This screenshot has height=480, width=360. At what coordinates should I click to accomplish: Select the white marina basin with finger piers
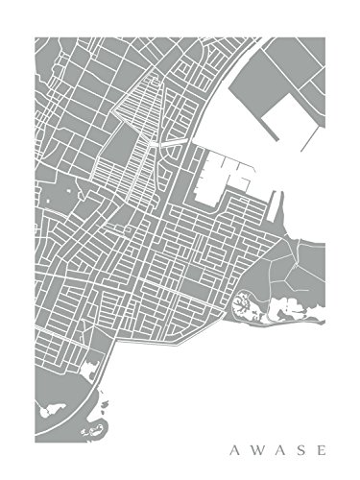pos(227,178)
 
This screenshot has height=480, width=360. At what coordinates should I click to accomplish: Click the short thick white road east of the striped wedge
pos(174,142)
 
